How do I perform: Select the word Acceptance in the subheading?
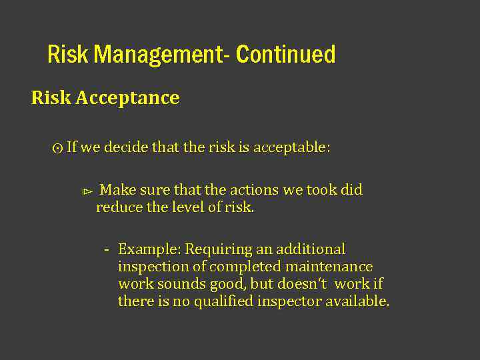pos(127,98)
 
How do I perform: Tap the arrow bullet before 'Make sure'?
pos(86,192)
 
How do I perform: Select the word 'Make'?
pos(117,190)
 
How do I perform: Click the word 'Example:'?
pos(149,250)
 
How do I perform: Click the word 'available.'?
pos(357,301)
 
